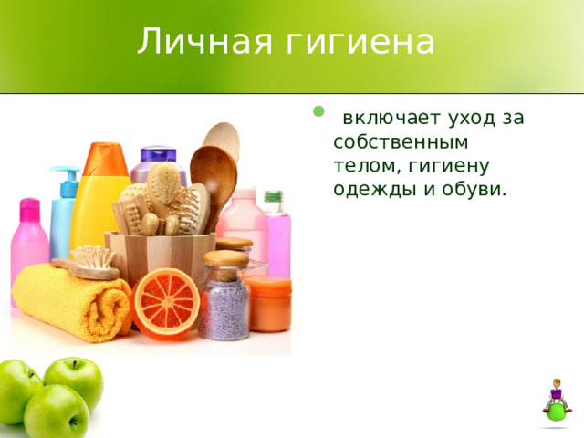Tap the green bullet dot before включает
[318, 112]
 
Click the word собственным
[401, 142]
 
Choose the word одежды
[372, 189]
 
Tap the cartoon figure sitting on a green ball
[556, 401]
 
